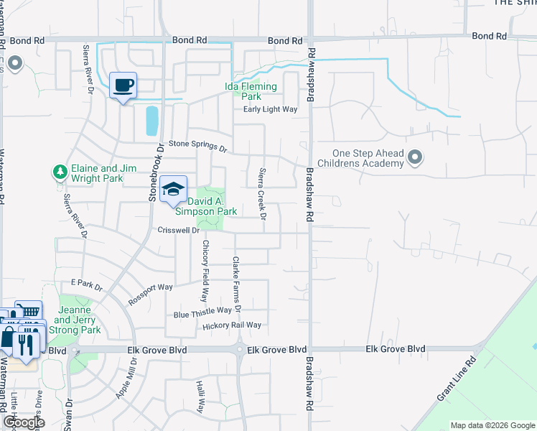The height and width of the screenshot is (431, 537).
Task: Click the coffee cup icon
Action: (x=123, y=85)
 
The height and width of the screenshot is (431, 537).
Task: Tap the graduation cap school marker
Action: (x=172, y=189)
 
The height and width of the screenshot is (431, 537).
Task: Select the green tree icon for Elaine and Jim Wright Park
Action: (x=60, y=172)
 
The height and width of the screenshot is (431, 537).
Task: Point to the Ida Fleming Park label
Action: (x=251, y=91)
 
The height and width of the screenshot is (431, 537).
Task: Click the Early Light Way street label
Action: (x=270, y=109)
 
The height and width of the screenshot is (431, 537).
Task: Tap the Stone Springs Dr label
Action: (x=197, y=146)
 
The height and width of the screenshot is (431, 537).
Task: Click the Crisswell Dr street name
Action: (x=178, y=231)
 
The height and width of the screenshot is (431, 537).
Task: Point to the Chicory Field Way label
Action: (x=205, y=270)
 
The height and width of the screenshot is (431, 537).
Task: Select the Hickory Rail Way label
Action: (x=231, y=325)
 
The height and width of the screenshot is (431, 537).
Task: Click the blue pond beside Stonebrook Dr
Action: (x=151, y=121)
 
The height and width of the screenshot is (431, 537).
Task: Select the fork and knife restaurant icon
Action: (x=25, y=344)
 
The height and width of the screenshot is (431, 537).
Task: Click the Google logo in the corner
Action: (x=23, y=422)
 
